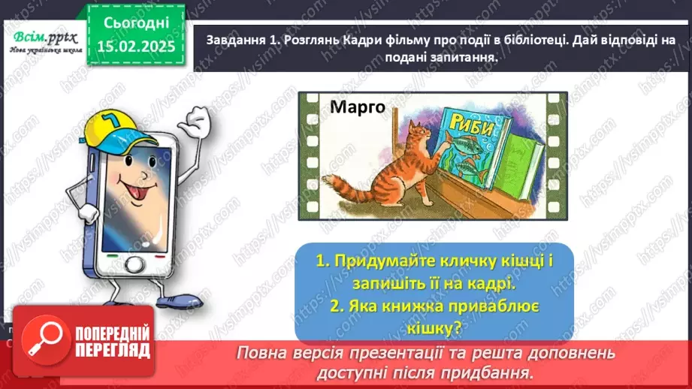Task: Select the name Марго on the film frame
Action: click(357, 107)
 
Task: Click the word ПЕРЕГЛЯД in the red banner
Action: click(113, 349)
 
